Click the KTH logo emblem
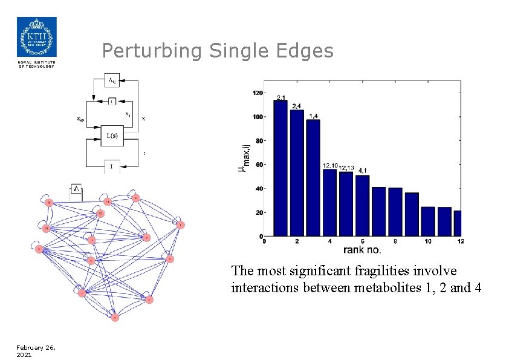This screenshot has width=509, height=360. pos(36,37)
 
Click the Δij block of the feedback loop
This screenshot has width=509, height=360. pos(112,80)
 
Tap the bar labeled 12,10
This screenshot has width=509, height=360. pos(329,202)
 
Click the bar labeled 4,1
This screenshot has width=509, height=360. pos(362,205)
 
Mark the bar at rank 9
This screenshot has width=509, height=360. pos(412,214)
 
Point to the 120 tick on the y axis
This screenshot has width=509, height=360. pos(258,93)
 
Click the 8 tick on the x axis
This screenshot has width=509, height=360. pos(395,241)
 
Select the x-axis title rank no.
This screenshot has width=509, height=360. pos(362,249)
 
